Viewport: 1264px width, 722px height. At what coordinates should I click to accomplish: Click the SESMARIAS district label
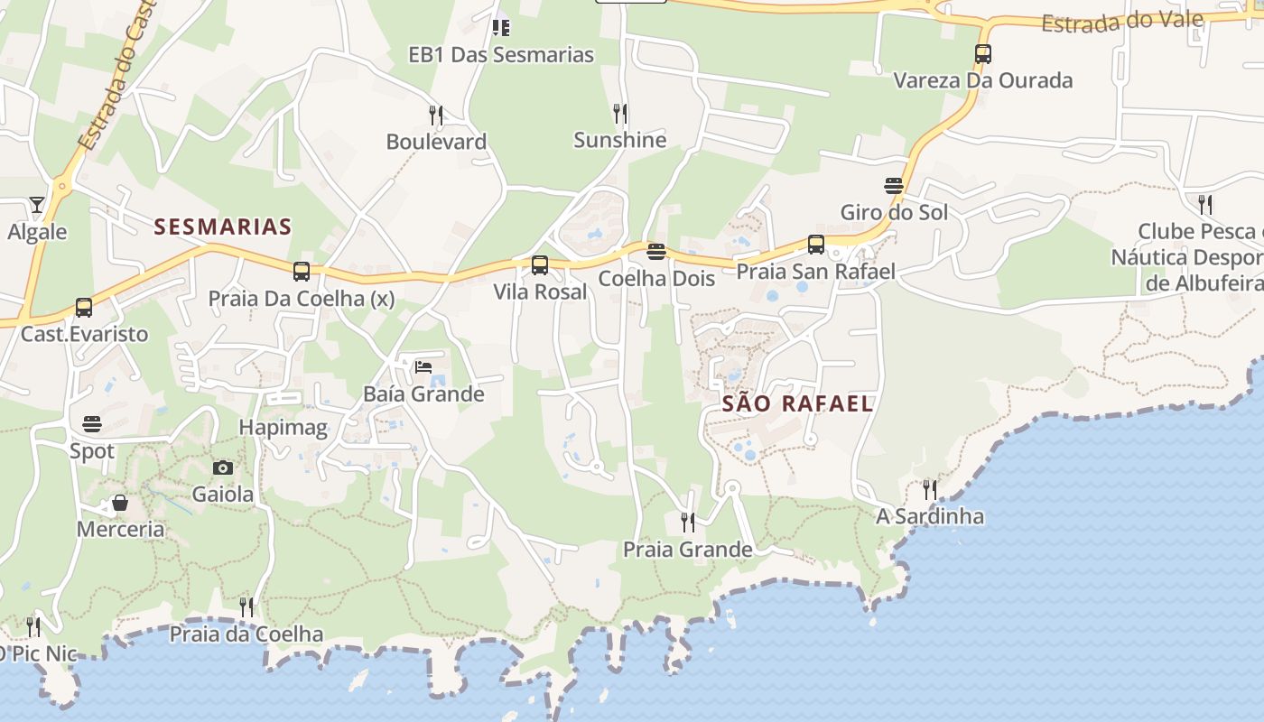coord(222,227)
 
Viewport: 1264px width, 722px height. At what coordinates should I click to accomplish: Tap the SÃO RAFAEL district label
coord(797,403)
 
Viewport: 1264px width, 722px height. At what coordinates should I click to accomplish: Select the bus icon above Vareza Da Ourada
coord(983,54)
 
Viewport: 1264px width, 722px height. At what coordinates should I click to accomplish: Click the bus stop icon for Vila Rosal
coord(540,265)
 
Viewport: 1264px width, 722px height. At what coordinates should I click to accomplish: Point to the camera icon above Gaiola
coord(223,467)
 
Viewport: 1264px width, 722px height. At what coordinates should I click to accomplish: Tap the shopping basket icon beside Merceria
coord(119,503)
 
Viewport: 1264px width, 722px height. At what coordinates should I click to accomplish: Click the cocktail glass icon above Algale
coord(36,205)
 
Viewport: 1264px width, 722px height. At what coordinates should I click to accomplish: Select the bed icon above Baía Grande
coord(423,367)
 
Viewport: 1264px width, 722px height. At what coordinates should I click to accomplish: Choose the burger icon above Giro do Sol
coord(894,186)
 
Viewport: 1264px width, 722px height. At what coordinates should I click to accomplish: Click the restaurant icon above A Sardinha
coord(929,490)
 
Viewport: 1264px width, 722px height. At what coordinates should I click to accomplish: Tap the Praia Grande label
coord(688,550)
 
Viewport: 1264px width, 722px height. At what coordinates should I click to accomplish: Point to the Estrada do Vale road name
coord(1135,21)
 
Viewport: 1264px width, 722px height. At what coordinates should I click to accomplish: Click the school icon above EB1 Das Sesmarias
coord(501,28)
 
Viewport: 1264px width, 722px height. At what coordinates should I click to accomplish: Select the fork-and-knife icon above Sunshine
coord(619,114)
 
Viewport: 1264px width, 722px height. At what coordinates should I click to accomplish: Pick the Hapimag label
coord(283,427)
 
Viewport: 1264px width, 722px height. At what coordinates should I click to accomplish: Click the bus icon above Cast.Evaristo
coord(84,308)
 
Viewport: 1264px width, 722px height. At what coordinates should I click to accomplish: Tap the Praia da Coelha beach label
coord(246,634)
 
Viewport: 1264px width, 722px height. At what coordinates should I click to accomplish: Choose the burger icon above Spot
coord(92,423)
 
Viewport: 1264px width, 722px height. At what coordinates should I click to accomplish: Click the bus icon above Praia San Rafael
coord(815,245)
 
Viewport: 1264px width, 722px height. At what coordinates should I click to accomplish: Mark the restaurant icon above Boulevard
coord(436,115)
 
